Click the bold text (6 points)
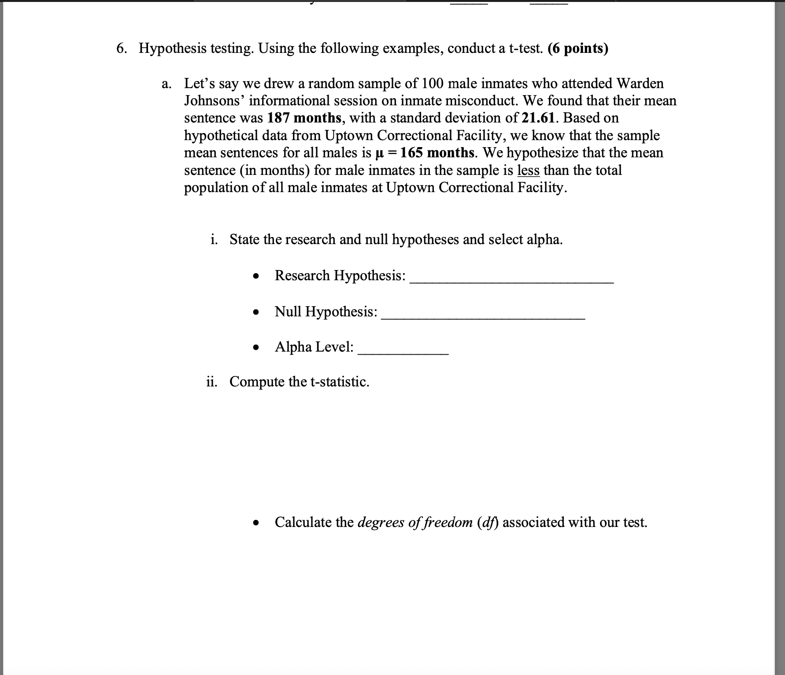tap(578, 48)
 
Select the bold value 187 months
tap(304, 118)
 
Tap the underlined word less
tap(528, 170)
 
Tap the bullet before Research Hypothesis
tap(255, 277)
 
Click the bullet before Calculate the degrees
tap(255, 523)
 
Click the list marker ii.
tap(212, 382)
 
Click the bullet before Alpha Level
tap(255, 348)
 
